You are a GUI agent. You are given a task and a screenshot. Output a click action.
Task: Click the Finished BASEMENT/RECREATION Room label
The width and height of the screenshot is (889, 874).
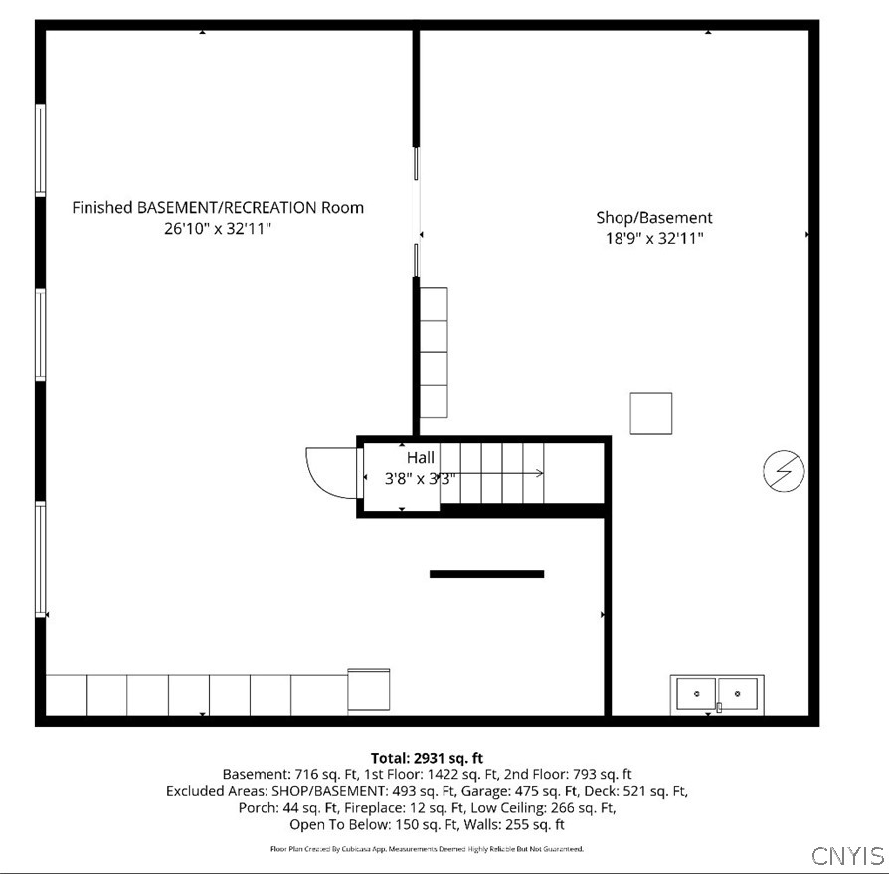tap(218, 208)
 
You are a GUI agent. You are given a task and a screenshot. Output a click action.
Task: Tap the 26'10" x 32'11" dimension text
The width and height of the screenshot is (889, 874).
tap(218, 229)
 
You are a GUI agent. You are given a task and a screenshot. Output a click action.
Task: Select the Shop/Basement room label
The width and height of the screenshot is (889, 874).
tap(653, 217)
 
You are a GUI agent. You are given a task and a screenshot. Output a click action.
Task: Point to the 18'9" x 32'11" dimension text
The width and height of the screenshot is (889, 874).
tap(653, 238)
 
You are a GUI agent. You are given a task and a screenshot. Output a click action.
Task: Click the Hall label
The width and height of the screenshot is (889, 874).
tap(420, 458)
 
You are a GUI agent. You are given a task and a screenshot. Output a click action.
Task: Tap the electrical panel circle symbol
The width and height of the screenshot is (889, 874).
tap(784, 471)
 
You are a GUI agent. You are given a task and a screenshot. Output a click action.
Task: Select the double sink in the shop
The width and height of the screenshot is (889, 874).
tap(719, 693)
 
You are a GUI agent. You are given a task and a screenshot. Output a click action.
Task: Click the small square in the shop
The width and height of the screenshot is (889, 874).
tap(650, 413)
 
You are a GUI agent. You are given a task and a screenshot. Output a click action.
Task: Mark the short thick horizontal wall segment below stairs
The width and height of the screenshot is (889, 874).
tap(486, 574)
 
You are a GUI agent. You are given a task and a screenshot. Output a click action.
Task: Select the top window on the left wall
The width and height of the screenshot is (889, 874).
tap(41, 149)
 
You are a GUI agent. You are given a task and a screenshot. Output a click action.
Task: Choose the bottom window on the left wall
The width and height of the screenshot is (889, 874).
tap(41, 558)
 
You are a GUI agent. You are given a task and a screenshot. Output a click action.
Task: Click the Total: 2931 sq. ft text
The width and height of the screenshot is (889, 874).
tap(427, 759)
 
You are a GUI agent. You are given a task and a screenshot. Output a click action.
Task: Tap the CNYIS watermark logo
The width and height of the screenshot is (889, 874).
tap(847, 856)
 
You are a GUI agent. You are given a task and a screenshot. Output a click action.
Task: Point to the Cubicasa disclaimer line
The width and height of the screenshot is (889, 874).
tap(427, 849)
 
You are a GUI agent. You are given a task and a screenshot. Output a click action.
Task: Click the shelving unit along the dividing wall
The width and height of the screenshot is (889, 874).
tap(434, 352)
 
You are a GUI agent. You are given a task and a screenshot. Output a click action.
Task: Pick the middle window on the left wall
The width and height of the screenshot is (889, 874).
tap(41, 334)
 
